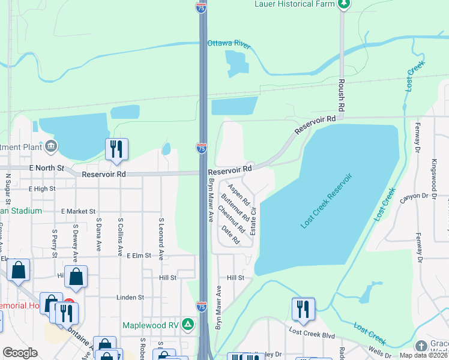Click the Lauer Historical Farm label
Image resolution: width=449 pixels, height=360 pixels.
(x=294, y=4)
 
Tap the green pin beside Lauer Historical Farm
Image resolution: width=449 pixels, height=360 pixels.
(x=343, y=4)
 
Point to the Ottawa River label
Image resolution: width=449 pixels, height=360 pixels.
(x=228, y=43)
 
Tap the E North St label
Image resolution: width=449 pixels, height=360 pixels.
(x=47, y=168)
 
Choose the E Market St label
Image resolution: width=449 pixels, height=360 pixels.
(x=78, y=211)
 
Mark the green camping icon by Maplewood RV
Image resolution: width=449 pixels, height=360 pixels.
(x=188, y=325)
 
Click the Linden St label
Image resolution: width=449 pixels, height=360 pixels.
(x=130, y=297)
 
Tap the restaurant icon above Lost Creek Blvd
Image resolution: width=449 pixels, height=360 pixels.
(x=303, y=309)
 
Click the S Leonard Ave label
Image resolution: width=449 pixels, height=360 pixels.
(x=161, y=238)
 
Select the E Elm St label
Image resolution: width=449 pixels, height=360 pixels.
(x=138, y=256)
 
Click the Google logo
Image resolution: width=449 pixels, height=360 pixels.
(x=20, y=353)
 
